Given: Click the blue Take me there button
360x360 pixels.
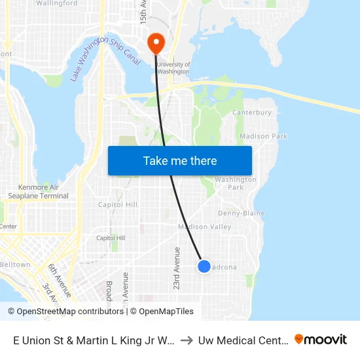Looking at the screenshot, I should coord(180,160).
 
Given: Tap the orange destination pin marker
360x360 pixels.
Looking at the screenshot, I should coord(156,43).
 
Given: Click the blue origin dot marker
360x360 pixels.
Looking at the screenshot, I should coord(204,266).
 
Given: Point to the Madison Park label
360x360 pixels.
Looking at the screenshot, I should coord(263,136).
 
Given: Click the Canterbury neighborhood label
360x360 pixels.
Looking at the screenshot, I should coord(252,113).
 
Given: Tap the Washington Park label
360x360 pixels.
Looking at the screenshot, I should coord(235,183).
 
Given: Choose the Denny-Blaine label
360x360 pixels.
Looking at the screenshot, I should coord(241,213).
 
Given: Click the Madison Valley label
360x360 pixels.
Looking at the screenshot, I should coord(205,227).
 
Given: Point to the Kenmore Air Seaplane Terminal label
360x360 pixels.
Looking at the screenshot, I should coord(38,192).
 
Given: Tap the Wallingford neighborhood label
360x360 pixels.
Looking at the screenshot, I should coord(57,3).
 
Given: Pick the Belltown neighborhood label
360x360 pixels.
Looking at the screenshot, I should coord(15,265).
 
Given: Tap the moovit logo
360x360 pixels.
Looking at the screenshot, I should coord(321,339).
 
